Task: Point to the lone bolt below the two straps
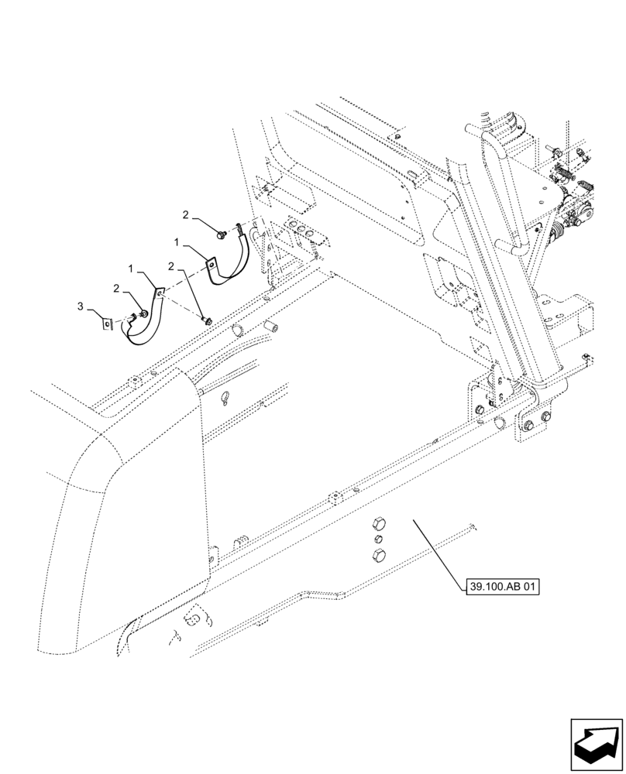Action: point(206,317)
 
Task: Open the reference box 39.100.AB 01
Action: point(503,586)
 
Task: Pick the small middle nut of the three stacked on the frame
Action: point(377,537)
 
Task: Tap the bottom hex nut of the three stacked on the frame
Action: point(378,555)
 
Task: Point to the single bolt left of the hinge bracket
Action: point(479,408)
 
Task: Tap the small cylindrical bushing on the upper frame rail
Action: point(271,327)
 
